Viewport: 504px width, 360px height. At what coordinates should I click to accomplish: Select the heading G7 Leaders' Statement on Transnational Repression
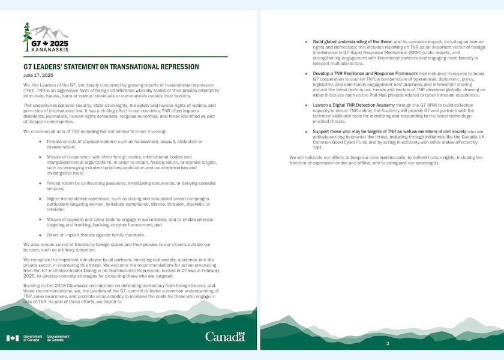[111, 67]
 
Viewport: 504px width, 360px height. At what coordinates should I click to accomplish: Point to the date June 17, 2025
[35, 76]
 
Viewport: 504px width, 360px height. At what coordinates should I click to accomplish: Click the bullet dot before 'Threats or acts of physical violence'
[40, 141]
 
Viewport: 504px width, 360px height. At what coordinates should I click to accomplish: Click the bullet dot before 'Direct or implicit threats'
[40, 235]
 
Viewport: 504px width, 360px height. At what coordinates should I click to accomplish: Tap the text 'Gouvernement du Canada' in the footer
[58, 338]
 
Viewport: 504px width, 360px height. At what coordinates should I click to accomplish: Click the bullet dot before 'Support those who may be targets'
[306, 131]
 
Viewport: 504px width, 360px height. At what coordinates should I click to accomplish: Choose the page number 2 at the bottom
[388, 343]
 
